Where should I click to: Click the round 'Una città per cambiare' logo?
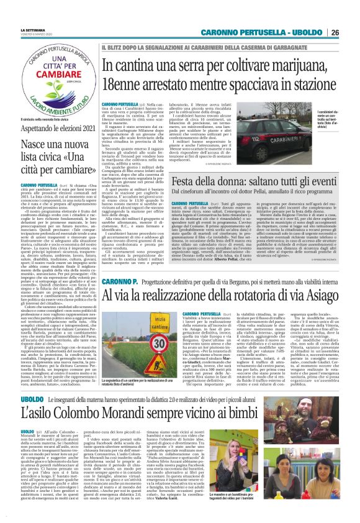coord(55,81)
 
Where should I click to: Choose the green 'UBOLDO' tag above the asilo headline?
coord(32,402)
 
